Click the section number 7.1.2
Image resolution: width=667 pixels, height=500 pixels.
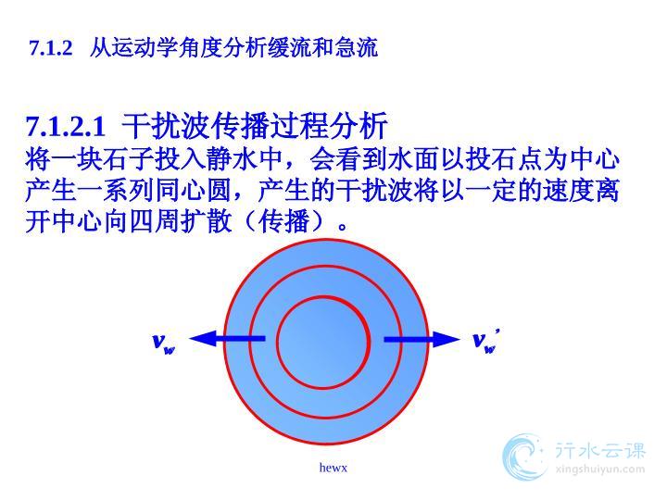(51, 47)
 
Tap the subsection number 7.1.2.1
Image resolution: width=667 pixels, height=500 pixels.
(66, 126)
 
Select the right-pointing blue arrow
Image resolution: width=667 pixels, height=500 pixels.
(422, 339)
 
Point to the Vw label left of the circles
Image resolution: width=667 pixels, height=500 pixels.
(164, 343)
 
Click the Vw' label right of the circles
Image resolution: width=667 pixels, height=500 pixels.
(485, 341)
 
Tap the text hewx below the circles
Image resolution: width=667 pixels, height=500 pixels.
(333, 468)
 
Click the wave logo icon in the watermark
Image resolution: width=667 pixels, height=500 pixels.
(523, 457)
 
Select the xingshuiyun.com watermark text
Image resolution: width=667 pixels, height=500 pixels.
(599, 469)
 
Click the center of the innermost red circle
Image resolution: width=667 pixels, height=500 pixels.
(323, 343)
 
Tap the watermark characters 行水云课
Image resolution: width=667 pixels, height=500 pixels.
(599, 450)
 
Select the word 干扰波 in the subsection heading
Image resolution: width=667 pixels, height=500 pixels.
(162, 126)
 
